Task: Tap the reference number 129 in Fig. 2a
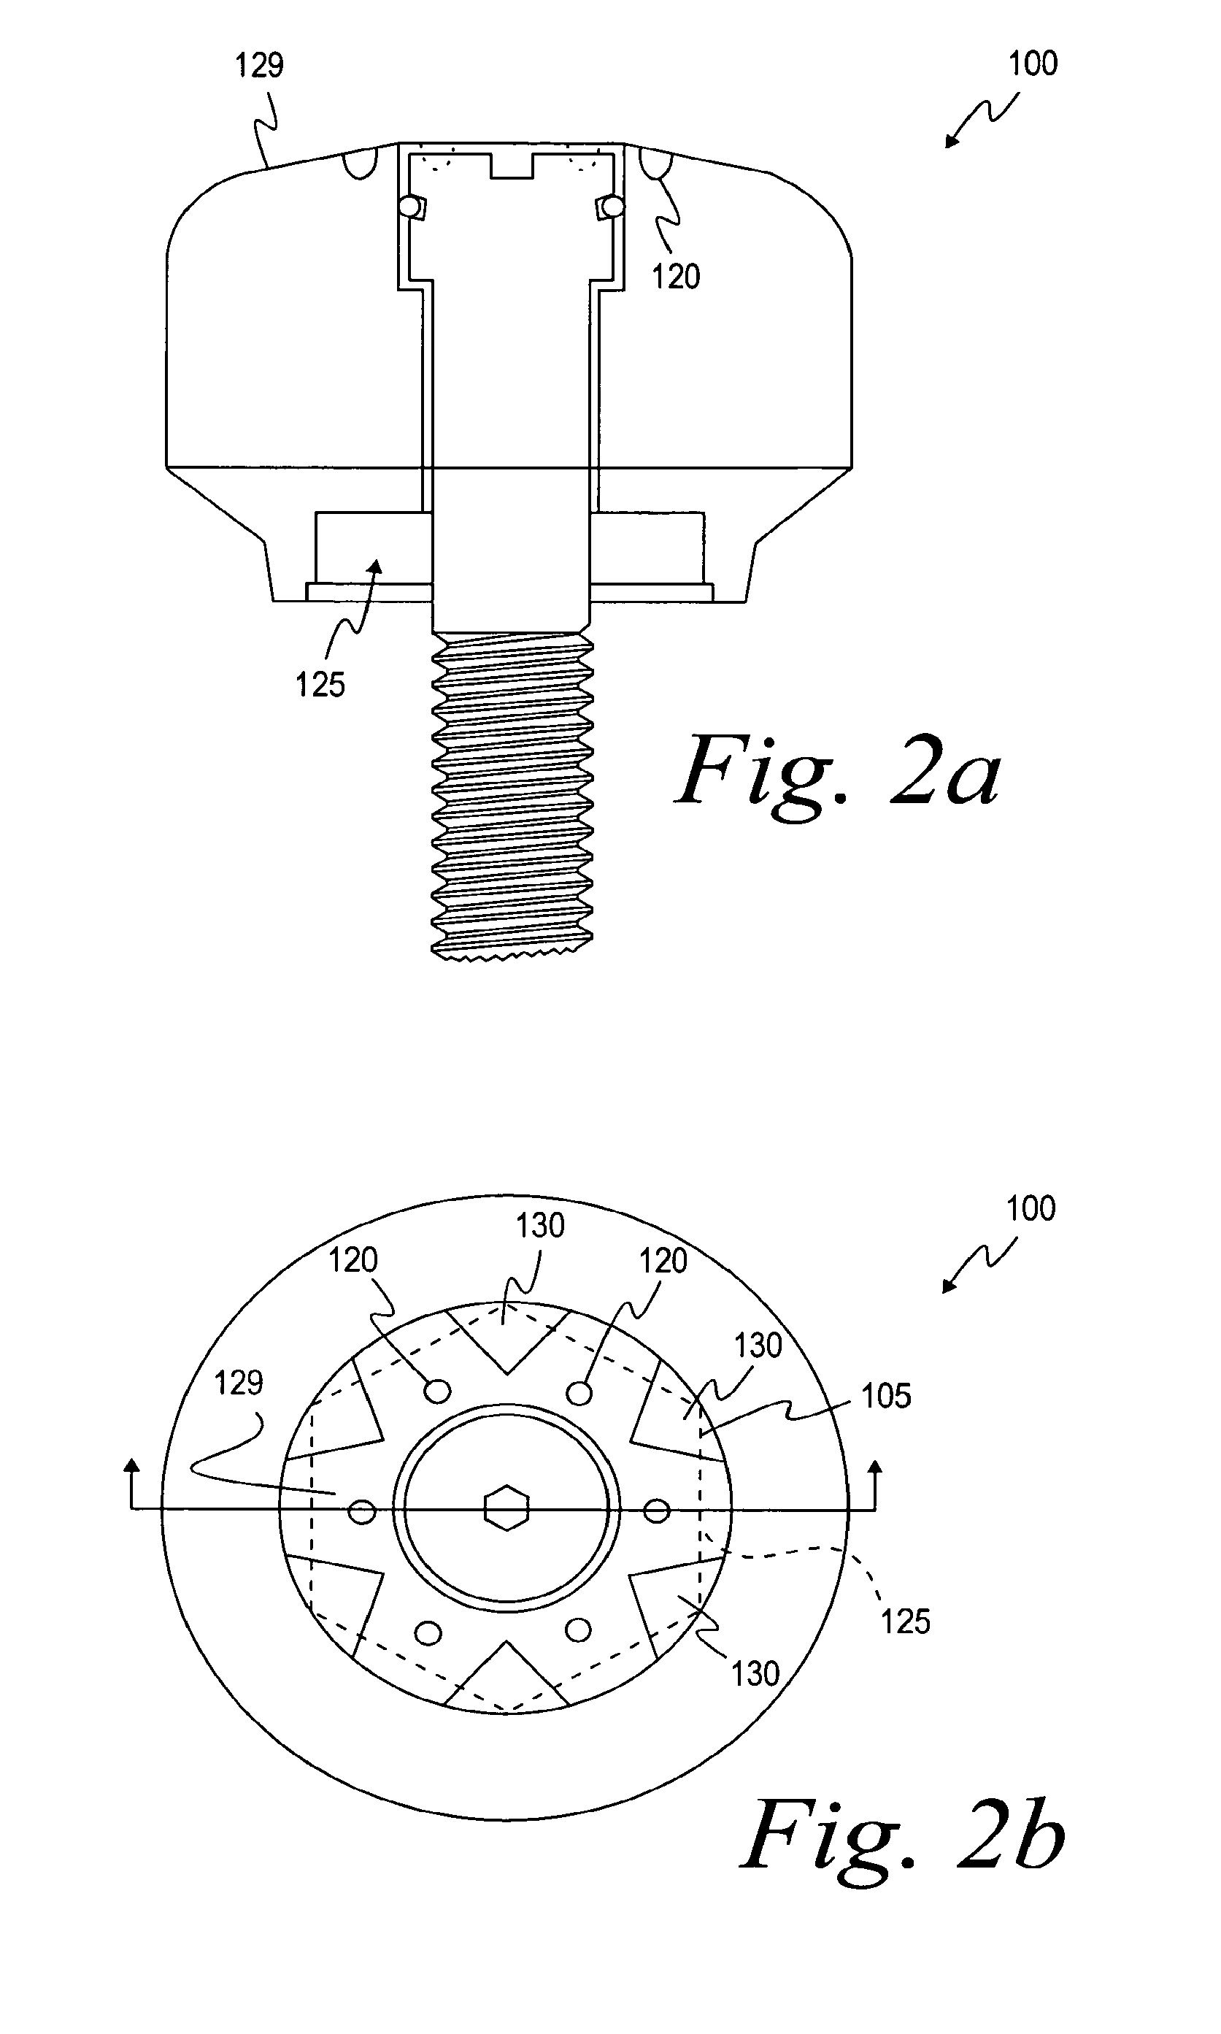[259, 65]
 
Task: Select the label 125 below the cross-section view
[320, 685]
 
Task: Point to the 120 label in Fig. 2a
[676, 277]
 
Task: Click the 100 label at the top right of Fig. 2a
[1033, 64]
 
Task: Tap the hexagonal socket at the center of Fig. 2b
[506, 1508]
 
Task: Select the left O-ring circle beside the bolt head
[408, 206]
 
